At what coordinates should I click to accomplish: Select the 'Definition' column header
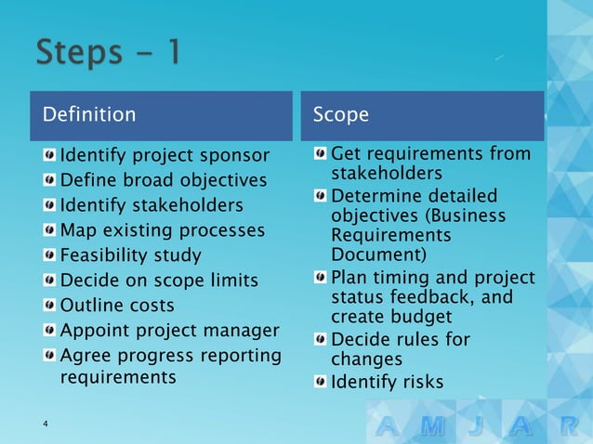[x=89, y=115]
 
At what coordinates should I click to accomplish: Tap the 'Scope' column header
[x=340, y=115]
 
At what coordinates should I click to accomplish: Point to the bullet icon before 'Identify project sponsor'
[x=49, y=154]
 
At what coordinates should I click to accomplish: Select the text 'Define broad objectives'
[x=163, y=179]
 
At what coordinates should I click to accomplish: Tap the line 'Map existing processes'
[x=162, y=229]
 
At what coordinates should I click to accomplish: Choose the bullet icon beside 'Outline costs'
[x=49, y=306]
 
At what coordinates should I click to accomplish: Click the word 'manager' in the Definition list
[x=244, y=331]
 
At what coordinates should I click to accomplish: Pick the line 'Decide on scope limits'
[x=159, y=280]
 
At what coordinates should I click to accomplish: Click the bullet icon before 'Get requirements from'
[x=320, y=153]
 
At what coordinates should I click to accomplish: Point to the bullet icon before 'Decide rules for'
[x=320, y=339]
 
